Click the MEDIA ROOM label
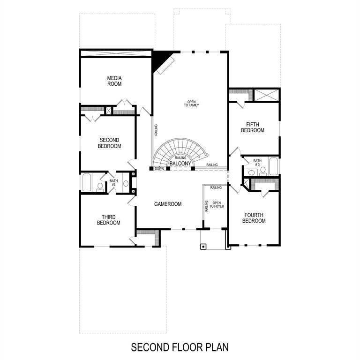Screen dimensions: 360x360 [114, 81]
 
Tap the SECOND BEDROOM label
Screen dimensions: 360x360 [109, 143]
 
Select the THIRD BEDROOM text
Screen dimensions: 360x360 [109, 220]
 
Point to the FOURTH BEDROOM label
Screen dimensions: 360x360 [254, 218]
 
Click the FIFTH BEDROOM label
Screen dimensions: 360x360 [253, 127]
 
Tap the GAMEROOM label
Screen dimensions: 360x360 [168, 204]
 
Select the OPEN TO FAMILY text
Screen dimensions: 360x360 [191, 104]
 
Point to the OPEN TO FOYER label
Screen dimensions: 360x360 [217, 205]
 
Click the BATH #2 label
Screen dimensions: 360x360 [113, 183]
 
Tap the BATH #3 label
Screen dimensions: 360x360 [257, 163]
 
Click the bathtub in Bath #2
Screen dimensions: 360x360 [87, 182]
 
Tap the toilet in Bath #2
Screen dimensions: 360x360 [100, 186]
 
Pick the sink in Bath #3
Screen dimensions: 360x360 [252, 172]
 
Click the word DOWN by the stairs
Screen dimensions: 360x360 [159, 168]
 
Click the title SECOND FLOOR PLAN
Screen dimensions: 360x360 [180, 347]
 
